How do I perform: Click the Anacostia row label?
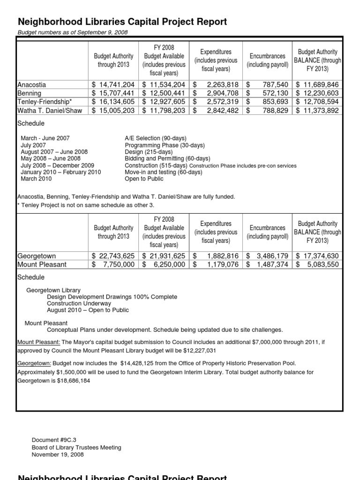(x=32, y=85)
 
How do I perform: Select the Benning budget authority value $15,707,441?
(x=113, y=93)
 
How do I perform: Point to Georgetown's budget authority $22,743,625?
(x=113, y=256)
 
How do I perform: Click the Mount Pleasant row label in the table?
(x=42, y=264)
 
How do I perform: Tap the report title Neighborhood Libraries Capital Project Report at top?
(x=122, y=22)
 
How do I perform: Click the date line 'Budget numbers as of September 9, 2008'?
(x=73, y=32)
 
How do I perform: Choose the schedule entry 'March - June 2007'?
(x=45, y=138)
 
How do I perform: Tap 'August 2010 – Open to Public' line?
(x=88, y=310)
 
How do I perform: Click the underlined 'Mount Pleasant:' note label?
(x=39, y=342)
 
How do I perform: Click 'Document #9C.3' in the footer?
(x=54, y=440)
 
